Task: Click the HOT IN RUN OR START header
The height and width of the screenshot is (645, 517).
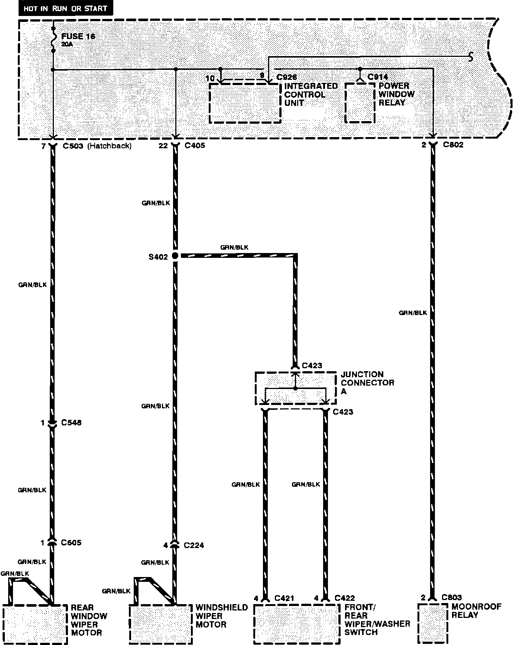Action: tap(65, 8)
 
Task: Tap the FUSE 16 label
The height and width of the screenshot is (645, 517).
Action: tap(78, 36)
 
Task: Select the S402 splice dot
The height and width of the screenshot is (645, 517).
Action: tap(175, 256)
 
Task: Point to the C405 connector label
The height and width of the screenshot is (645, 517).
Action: tap(195, 146)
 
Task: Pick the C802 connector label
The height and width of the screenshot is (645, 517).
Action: tap(453, 145)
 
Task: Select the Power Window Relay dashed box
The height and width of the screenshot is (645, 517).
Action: tap(360, 103)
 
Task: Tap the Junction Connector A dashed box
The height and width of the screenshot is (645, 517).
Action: tap(295, 388)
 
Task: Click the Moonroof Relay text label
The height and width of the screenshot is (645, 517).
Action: tap(476, 611)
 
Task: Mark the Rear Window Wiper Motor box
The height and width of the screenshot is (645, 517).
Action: tap(35, 624)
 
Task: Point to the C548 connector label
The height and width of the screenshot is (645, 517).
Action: tap(71, 422)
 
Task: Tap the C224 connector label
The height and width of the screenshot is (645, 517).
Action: tap(194, 545)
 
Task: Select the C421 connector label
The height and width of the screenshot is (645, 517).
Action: tap(284, 598)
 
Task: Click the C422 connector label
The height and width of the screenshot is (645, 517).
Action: tap(344, 598)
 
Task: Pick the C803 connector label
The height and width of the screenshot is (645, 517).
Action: tap(452, 597)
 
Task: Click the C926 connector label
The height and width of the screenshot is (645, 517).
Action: tap(287, 77)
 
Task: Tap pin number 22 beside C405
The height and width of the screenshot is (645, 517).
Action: tap(163, 146)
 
